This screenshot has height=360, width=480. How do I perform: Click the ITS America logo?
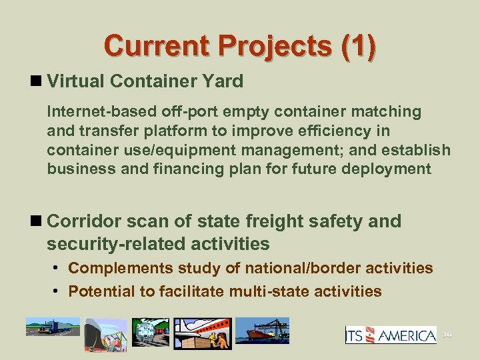click(391, 335)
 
